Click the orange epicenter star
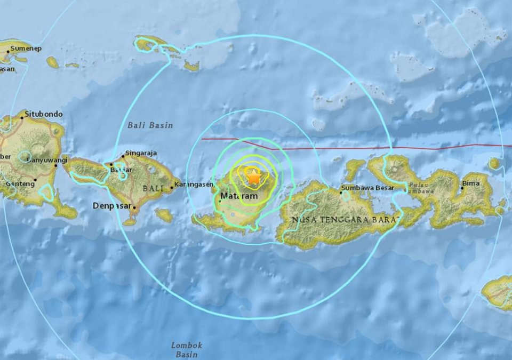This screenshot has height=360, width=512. pyautogui.click(x=253, y=177)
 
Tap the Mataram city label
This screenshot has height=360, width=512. pyautogui.click(x=239, y=197)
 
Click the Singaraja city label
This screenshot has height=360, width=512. pyautogui.click(x=141, y=153)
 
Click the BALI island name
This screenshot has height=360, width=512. pyautogui.click(x=153, y=189)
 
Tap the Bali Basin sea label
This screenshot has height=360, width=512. pyautogui.click(x=150, y=125)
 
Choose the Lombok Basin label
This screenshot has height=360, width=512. pyautogui.click(x=187, y=350)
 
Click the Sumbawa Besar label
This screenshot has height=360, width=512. pyautogui.click(x=367, y=188)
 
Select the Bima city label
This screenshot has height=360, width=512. pyautogui.click(x=471, y=183)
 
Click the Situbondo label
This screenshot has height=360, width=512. pyautogui.click(x=44, y=114)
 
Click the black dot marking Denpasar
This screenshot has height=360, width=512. pyautogui.click(x=134, y=208)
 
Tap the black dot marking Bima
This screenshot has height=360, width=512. pyautogui.click(x=462, y=188)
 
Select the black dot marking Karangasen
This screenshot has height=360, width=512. pyautogui.click(x=172, y=187)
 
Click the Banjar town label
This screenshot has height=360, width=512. pyautogui.click(x=118, y=169)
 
